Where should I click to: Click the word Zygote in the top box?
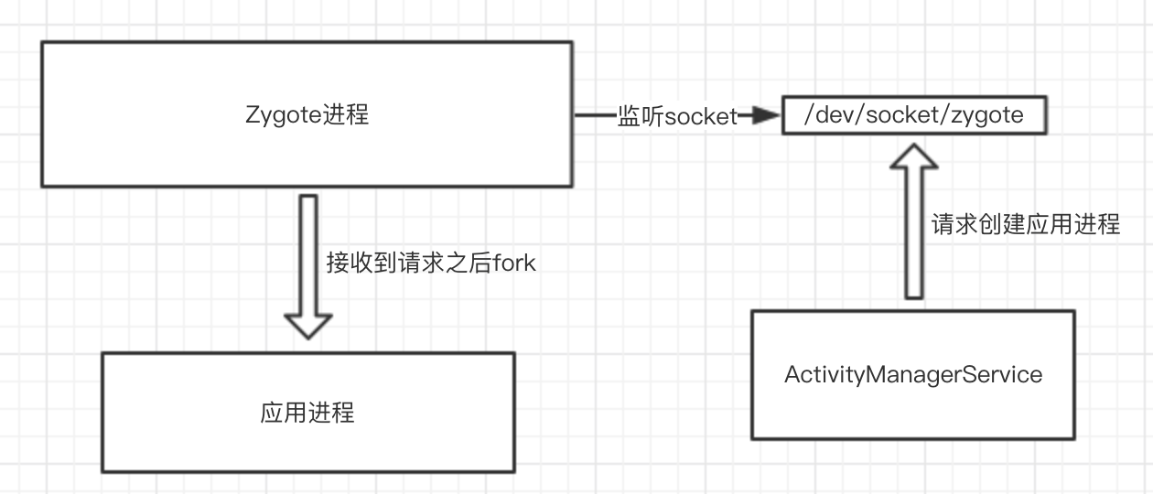click(284, 115)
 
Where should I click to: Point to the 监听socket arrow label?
click(677, 117)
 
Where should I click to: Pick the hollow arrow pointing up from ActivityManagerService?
click(913, 229)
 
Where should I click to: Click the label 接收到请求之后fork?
click(430, 263)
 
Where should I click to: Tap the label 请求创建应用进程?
click(1025, 225)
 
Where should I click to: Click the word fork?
click(514, 263)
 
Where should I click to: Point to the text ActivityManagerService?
click(912, 374)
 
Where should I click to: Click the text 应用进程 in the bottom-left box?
click(307, 413)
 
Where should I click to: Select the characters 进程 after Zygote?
click(346, 115)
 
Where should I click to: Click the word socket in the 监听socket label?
click(701, 117)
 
